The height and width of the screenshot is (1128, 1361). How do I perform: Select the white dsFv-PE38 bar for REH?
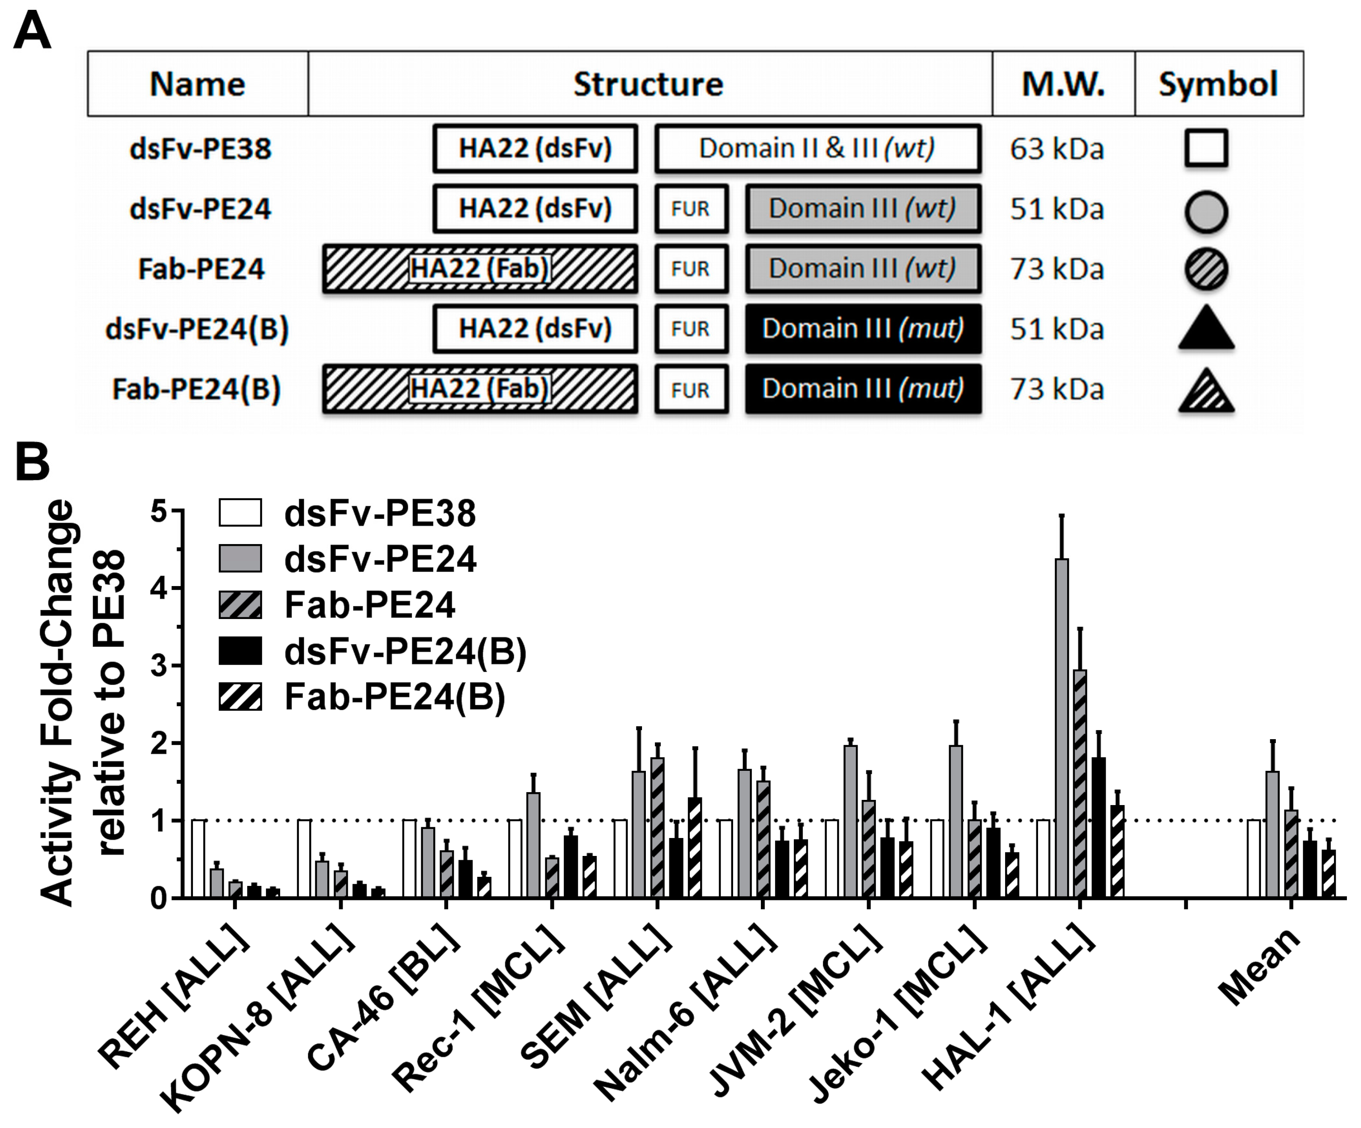pos(199,859)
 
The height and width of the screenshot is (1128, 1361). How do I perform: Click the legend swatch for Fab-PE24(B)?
pos(240,697)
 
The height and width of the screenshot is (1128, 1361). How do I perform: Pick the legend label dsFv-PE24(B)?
pos(405,651)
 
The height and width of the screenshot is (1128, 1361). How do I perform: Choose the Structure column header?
pos(648,84)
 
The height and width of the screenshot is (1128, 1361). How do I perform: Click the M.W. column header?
pos(1063,84)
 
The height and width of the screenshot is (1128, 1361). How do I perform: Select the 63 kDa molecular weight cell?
pos(1056,149)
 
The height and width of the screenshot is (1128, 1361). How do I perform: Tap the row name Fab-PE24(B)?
pos(196,389)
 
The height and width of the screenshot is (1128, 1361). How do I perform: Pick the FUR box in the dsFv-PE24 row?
pos(691,209)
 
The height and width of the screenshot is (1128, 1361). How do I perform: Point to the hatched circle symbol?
pos(1206,269)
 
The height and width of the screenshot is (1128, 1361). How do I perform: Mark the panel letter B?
pos(33,462)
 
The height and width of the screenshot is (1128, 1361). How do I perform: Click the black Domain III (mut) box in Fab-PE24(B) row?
pos(863,389)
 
